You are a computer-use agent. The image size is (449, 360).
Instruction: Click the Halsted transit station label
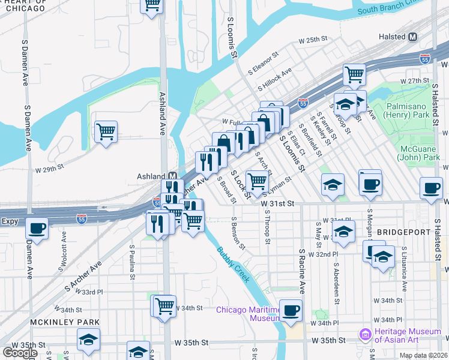393,37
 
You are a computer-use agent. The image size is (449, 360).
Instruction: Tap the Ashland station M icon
173,176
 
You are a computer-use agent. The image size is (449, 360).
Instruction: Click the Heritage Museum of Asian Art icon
364,334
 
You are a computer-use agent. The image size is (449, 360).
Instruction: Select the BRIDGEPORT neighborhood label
403,232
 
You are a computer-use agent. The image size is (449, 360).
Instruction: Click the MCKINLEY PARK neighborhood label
56,322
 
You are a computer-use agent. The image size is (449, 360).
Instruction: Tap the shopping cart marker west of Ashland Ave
106,131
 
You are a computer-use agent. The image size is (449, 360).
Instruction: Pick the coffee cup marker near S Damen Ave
37,229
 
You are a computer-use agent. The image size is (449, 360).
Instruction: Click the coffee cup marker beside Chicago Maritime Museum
291,310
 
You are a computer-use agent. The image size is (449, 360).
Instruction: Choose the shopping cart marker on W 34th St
164,306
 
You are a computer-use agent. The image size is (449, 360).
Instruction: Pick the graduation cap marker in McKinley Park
88,340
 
